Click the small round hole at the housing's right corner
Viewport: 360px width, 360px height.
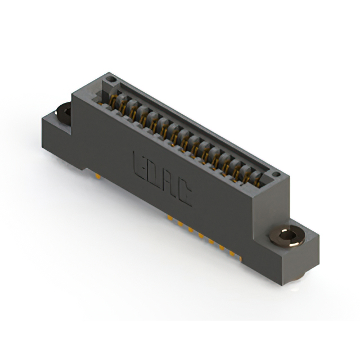coord(275,175)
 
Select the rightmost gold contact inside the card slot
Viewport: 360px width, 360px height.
coord(257,179)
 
